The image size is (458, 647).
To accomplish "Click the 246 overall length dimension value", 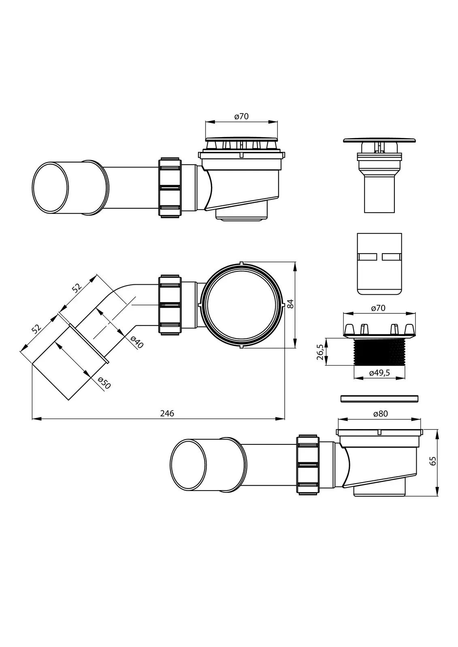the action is coord(167,413).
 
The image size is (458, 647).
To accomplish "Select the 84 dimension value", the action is coord(290,304).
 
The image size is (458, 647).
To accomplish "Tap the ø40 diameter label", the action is coord(137,342).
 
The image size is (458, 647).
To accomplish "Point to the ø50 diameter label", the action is coord(104,383).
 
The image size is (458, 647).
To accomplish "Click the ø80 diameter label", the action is coord(381,414).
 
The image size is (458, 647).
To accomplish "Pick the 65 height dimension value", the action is coord(433,461).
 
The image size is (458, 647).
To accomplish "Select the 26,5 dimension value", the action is coord(320,351).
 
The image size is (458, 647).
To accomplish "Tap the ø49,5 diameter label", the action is coord(379,373).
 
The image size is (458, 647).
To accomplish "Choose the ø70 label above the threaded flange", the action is coord(378,308).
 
